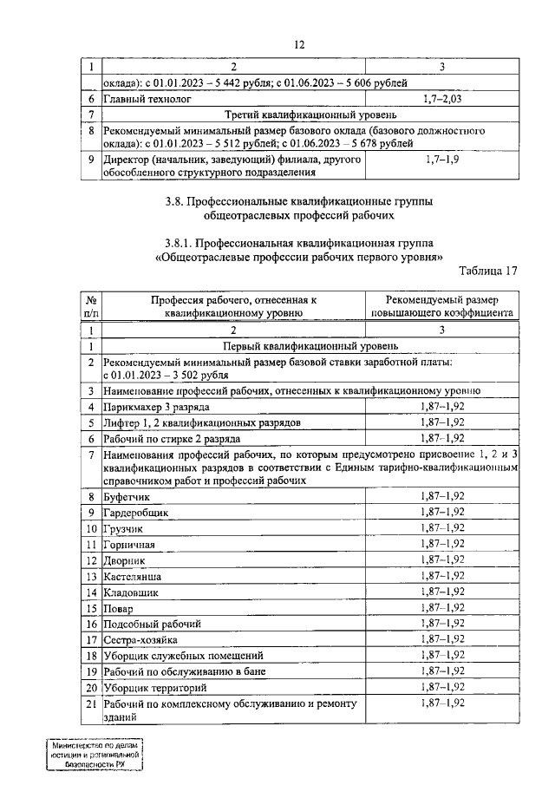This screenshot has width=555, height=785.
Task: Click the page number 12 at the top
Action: [299, 44]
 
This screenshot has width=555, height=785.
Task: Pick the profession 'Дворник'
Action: [125, 560]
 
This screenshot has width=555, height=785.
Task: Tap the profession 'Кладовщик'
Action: [131, 592]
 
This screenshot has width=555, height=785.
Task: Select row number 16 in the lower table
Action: [91, 624]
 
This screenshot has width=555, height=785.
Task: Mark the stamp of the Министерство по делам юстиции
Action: [95, 755]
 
